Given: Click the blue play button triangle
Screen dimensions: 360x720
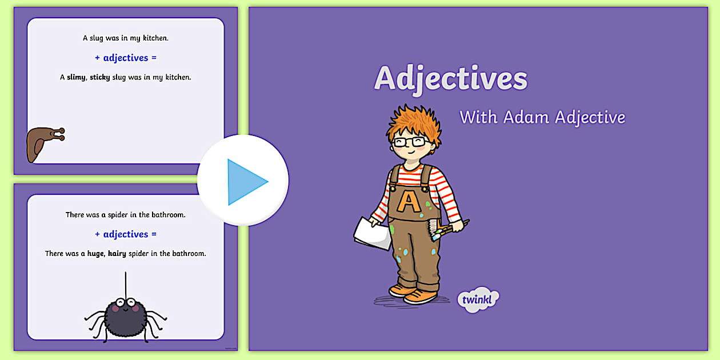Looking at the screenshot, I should pos(246,182).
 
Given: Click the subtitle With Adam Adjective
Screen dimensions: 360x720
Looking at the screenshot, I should pos(542,117).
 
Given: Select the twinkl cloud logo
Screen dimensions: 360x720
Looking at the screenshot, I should pos(478,299).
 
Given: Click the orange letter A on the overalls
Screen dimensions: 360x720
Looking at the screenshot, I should pos(408,201).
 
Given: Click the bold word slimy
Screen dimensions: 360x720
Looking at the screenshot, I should pos(77,77).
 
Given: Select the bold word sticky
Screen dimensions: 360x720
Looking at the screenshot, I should pos(100,77).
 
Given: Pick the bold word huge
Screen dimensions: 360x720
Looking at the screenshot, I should pos(95,253).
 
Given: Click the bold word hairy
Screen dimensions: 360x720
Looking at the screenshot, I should pos(117,253).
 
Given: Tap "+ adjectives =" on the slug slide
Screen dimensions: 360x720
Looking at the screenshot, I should pos(125,58).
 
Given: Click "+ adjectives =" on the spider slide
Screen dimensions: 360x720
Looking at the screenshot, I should pos(125,234).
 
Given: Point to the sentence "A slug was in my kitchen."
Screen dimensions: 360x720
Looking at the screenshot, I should pos(125,38).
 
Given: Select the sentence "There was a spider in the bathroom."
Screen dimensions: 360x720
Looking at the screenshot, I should pos(125,215).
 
